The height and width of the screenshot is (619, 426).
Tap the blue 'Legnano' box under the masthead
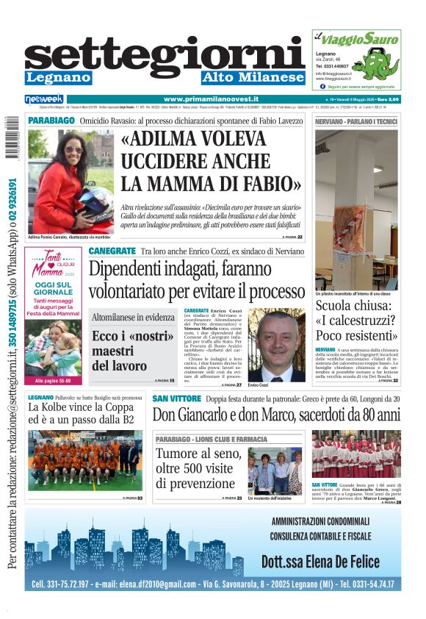[58, 77]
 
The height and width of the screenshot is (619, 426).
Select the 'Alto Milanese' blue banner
[253, 77]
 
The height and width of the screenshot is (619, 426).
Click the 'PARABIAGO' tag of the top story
[51, 119]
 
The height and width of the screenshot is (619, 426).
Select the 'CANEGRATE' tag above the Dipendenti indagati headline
[112, 251]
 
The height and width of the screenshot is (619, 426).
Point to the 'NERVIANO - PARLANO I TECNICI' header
[356, 120]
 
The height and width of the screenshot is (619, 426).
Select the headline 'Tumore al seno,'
[197, 454]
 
